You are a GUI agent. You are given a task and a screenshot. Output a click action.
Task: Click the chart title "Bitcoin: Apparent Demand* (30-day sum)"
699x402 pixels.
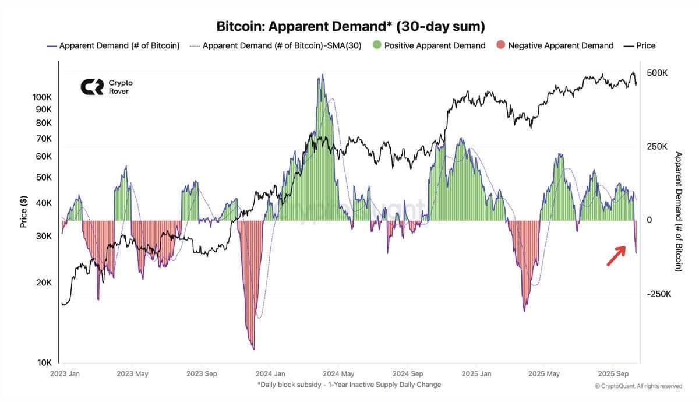[351, 27]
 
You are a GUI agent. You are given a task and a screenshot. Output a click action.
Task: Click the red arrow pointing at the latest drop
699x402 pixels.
[617, 255]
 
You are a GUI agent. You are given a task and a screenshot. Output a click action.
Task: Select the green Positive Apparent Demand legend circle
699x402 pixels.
[376, 45]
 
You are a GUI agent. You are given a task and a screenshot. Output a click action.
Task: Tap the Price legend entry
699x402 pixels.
[639, 45]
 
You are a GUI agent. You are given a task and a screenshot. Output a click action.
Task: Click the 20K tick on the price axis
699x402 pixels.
[44, 283]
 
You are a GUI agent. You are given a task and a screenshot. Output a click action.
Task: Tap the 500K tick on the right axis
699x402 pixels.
[657, 73]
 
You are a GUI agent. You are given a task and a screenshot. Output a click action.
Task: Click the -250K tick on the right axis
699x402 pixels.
[658, 294]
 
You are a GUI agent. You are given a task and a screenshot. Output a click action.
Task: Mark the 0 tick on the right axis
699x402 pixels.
[649, 220]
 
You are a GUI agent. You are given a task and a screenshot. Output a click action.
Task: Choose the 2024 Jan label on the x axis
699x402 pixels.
[271, 374]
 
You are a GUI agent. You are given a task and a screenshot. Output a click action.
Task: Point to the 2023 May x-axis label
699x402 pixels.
[132, 374]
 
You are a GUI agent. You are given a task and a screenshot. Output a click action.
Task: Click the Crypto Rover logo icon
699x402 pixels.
[91, 87]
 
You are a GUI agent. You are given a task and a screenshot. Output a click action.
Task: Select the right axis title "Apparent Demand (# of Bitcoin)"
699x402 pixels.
[678, 211]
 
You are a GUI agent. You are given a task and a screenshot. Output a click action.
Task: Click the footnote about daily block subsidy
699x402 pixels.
[349, 385]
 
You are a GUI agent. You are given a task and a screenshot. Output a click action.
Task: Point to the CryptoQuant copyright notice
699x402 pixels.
[638, 386]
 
